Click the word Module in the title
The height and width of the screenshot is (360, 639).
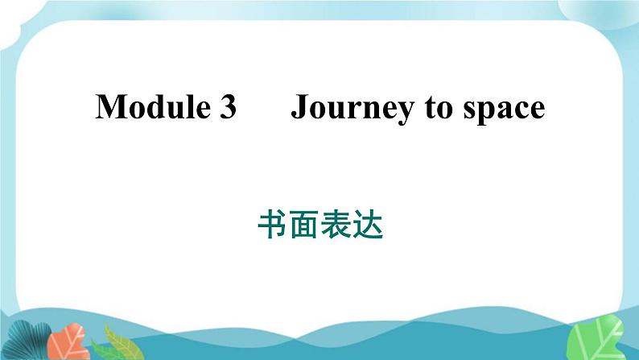tap(153, 106)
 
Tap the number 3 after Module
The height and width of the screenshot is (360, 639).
tap(229, 107)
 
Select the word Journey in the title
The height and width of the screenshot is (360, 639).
tap(352, 109)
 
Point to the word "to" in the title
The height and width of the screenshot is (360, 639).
tap(439, 109)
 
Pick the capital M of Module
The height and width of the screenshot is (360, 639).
tap(111, 106)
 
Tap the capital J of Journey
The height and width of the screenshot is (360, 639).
tap(299, 107)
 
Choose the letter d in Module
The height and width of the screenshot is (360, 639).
tap(159, 106)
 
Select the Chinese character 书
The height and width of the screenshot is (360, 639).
tap(272, 224)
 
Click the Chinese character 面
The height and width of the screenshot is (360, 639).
tap(303, 224)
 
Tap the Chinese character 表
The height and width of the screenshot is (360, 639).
tap(336, 224)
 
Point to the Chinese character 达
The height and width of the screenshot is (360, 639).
tap(368, 224)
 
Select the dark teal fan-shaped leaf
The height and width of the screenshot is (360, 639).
tap(28, 341)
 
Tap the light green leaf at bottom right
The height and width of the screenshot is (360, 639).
tap(596, 337)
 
